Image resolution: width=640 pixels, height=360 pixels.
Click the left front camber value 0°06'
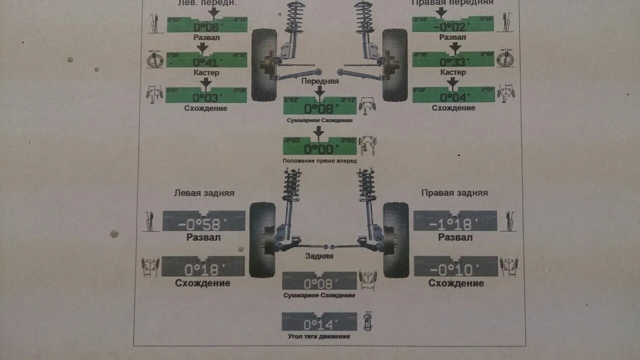[x=206, y=27]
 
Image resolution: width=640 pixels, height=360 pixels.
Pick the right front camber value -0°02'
[x=449, y=27]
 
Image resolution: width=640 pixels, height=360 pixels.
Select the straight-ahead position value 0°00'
[x=319, y=149]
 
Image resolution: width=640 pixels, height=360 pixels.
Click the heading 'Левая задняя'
[x=204, y=192]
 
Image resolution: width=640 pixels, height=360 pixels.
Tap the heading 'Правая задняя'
[x=454, y=192]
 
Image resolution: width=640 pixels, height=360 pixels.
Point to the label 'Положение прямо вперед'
[x=319, y=161]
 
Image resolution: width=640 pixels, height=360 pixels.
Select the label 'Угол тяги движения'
[x=319, y=336]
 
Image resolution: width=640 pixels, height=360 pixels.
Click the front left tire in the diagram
[x=263, y=64]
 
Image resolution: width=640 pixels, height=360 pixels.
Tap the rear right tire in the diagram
[x=395, y=240]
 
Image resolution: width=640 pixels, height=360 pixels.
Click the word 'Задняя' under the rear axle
[x=319, y=256]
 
